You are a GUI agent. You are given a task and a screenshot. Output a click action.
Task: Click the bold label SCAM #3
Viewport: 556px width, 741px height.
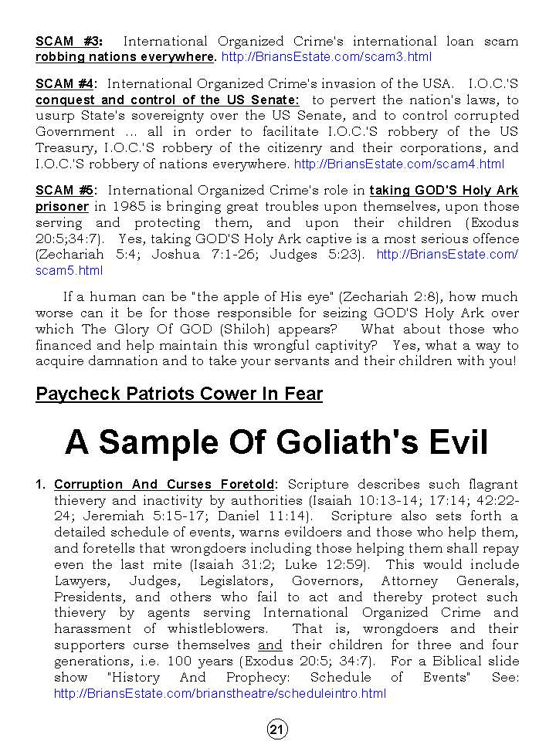pyautogui.click(x=68, y=41)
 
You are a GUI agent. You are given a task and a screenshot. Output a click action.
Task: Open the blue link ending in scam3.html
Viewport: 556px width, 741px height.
pyautogui.click(x=326, y=57)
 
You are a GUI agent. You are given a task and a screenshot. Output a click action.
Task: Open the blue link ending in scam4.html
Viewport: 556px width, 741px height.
pyautogui.click(x=399, y=164)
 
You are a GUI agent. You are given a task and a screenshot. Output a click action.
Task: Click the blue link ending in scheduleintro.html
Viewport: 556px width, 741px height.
pyautogui.click(x=220, y=693)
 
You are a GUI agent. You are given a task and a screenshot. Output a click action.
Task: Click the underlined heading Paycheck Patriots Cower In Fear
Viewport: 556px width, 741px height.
pyautogui.click(x=179, y=394)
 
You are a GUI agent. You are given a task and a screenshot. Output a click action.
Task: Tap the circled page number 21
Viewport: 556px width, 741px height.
pyautogui.click(x=278, y=729)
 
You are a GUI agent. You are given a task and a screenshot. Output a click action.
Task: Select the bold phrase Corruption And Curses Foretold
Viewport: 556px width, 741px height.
pyautogui.click(x=164, y=484)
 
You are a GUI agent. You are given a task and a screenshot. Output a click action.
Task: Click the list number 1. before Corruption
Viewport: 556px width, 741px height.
pyautogui.click(x=41, y=484)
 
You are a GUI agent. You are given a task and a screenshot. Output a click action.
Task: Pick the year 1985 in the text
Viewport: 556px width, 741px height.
pyautogui.click(x=127, y=206)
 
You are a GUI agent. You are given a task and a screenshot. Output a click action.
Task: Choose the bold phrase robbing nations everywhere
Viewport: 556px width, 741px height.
pyautogui.click(x=125, y=57)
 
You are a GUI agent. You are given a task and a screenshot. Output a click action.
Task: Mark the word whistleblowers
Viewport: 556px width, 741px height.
pyautogui.click(x=217, y=628)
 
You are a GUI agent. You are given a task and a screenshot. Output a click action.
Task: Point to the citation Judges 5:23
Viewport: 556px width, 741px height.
pyautogui.click(x=316, y=254)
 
